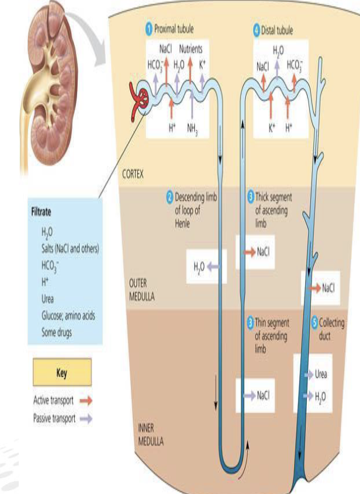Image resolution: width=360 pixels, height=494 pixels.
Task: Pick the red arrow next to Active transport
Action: pyautogui.click(x=86, y=401)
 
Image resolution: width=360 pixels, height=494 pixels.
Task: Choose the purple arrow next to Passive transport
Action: pyautogui.click(x=86, y=418)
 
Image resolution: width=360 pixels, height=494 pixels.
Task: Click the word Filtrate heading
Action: pyautogui.click(x=44, y=214)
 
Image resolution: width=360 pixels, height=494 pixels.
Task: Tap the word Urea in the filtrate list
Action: pyautogui.click(x=48, y=299)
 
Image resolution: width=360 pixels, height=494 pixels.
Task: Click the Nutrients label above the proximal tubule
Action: pyautogui.click(x=191, y=49)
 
